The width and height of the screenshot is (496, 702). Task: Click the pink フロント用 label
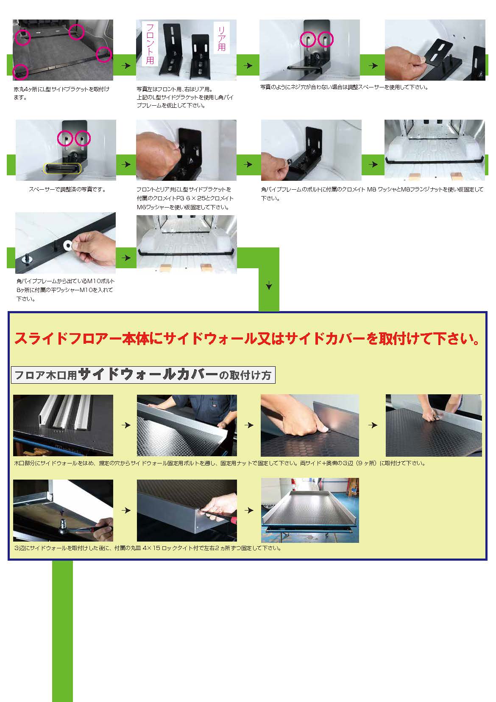tap(150, 44)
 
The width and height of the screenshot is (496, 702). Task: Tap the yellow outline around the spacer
tap(62, 168)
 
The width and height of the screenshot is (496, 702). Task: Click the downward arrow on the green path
tap(269, 286)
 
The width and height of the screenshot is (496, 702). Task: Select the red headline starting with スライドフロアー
tap(247, 339)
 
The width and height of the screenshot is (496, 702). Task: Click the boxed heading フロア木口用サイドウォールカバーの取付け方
tap(143, 375)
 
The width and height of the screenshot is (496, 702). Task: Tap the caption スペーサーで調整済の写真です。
tap(67, 189)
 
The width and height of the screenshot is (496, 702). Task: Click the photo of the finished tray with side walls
tap(310, 510)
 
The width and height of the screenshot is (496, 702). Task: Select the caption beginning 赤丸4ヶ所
tap(61, 93)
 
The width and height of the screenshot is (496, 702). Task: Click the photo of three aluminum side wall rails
tap(63, 425)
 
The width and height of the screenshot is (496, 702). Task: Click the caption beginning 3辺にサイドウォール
tap(148, 548)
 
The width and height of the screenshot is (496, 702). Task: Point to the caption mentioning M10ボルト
tap(65, 290)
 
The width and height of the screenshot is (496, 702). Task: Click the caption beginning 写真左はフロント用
tap(185, 97)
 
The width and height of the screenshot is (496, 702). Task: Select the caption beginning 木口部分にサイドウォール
tap(220, 463)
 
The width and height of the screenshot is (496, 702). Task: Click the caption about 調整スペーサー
tap(344, 87)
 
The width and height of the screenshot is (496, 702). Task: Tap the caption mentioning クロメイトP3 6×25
tap(185, 198)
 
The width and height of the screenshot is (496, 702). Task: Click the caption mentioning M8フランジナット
tap(372, 194)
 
